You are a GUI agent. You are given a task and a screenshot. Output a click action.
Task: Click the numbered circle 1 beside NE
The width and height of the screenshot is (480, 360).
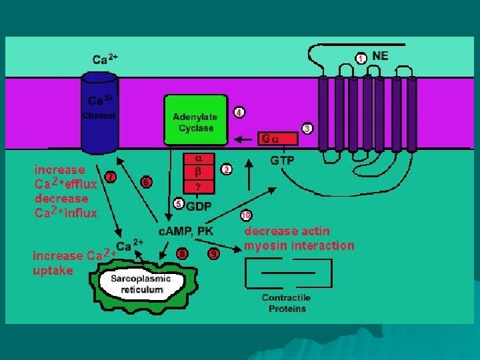pos(360,58)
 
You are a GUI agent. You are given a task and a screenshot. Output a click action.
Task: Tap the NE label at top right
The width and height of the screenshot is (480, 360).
pos(380,56)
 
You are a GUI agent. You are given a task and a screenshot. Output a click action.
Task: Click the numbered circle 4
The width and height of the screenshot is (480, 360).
pos(239,112)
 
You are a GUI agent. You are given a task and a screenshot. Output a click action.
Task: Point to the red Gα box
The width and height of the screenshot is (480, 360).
pos(279,139)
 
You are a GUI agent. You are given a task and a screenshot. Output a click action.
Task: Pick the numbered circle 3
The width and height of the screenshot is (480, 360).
pos(307,128)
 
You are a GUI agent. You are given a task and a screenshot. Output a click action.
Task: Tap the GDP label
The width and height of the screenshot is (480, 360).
pos(199,207)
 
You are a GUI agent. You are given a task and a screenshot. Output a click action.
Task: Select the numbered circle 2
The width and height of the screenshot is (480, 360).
pos(227,170)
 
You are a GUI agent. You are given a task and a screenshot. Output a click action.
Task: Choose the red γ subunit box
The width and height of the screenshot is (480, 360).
pos(198,188)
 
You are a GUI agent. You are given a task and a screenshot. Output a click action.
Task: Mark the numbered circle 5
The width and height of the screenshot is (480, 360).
pos(178,204)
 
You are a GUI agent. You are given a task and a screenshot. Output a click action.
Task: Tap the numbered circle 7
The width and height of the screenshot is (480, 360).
pos(111,176)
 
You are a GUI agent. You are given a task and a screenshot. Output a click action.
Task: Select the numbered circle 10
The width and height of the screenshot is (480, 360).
pos(246,215)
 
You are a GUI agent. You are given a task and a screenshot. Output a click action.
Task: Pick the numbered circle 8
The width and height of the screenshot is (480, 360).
pos(182,253)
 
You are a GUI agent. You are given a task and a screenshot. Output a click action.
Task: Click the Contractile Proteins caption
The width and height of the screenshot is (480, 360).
pos(287,303)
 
